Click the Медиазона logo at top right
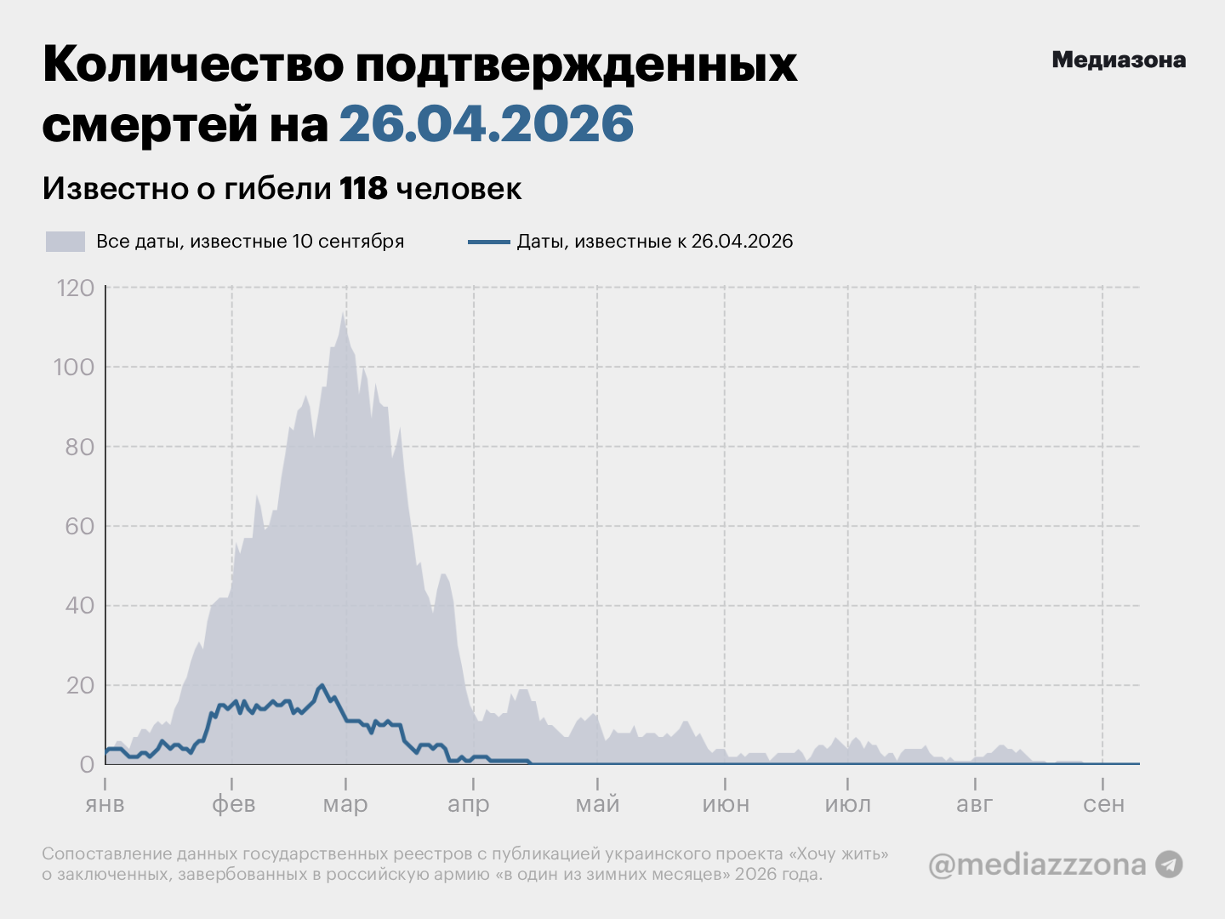pyautogui.click(x=1119, y=60)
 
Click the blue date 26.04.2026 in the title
pyautogui.click(x=486, y=123)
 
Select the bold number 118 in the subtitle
pyautogui.click(x=363, y=188)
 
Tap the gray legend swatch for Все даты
pyautogui.click(x=66, y=242)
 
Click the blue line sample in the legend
pyautogui.click(x=489, y=243)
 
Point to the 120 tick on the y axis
pyautogui.click(x=76, y=288)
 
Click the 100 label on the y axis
pyautogui.click(x=74, y=368)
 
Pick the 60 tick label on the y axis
pyautogui.click(x=79, y=527)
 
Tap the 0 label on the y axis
pyautogui.click(x=87, y=764)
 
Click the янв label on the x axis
pyautogui.click(x=105, y=805)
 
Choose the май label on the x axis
pyautogui.click(x=598, y=805)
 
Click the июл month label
pyautogui.click(x=848, y=805)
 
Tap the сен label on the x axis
pyautogui.click(x=1103, y=805)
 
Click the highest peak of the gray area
pyautogui.click(x=343, y=312)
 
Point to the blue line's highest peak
pyautogui.click(x=322, y=685)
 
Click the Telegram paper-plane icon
pyautogui.click(x=1169, y=865)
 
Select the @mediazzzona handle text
pyautogui.click(x=1037, y=865)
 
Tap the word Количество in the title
pyautogui.click(x=193, y=65)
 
